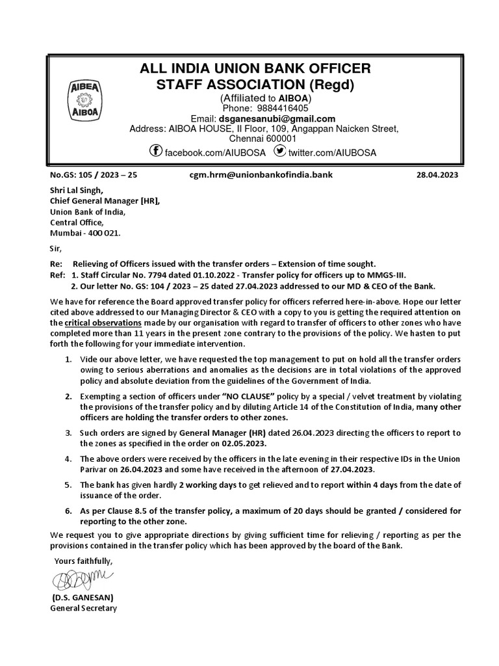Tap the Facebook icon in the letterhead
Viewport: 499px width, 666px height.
click(x=156, y=152)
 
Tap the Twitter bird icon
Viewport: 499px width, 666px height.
click(x=279, y=152)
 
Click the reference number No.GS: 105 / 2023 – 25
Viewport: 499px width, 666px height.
click(x=94, y=175)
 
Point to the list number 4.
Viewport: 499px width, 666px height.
click(x=68, y=458)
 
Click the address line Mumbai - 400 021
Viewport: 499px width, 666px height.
click(x=85, y=232)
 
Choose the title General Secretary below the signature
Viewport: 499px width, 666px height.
click(x=84, y=608)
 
